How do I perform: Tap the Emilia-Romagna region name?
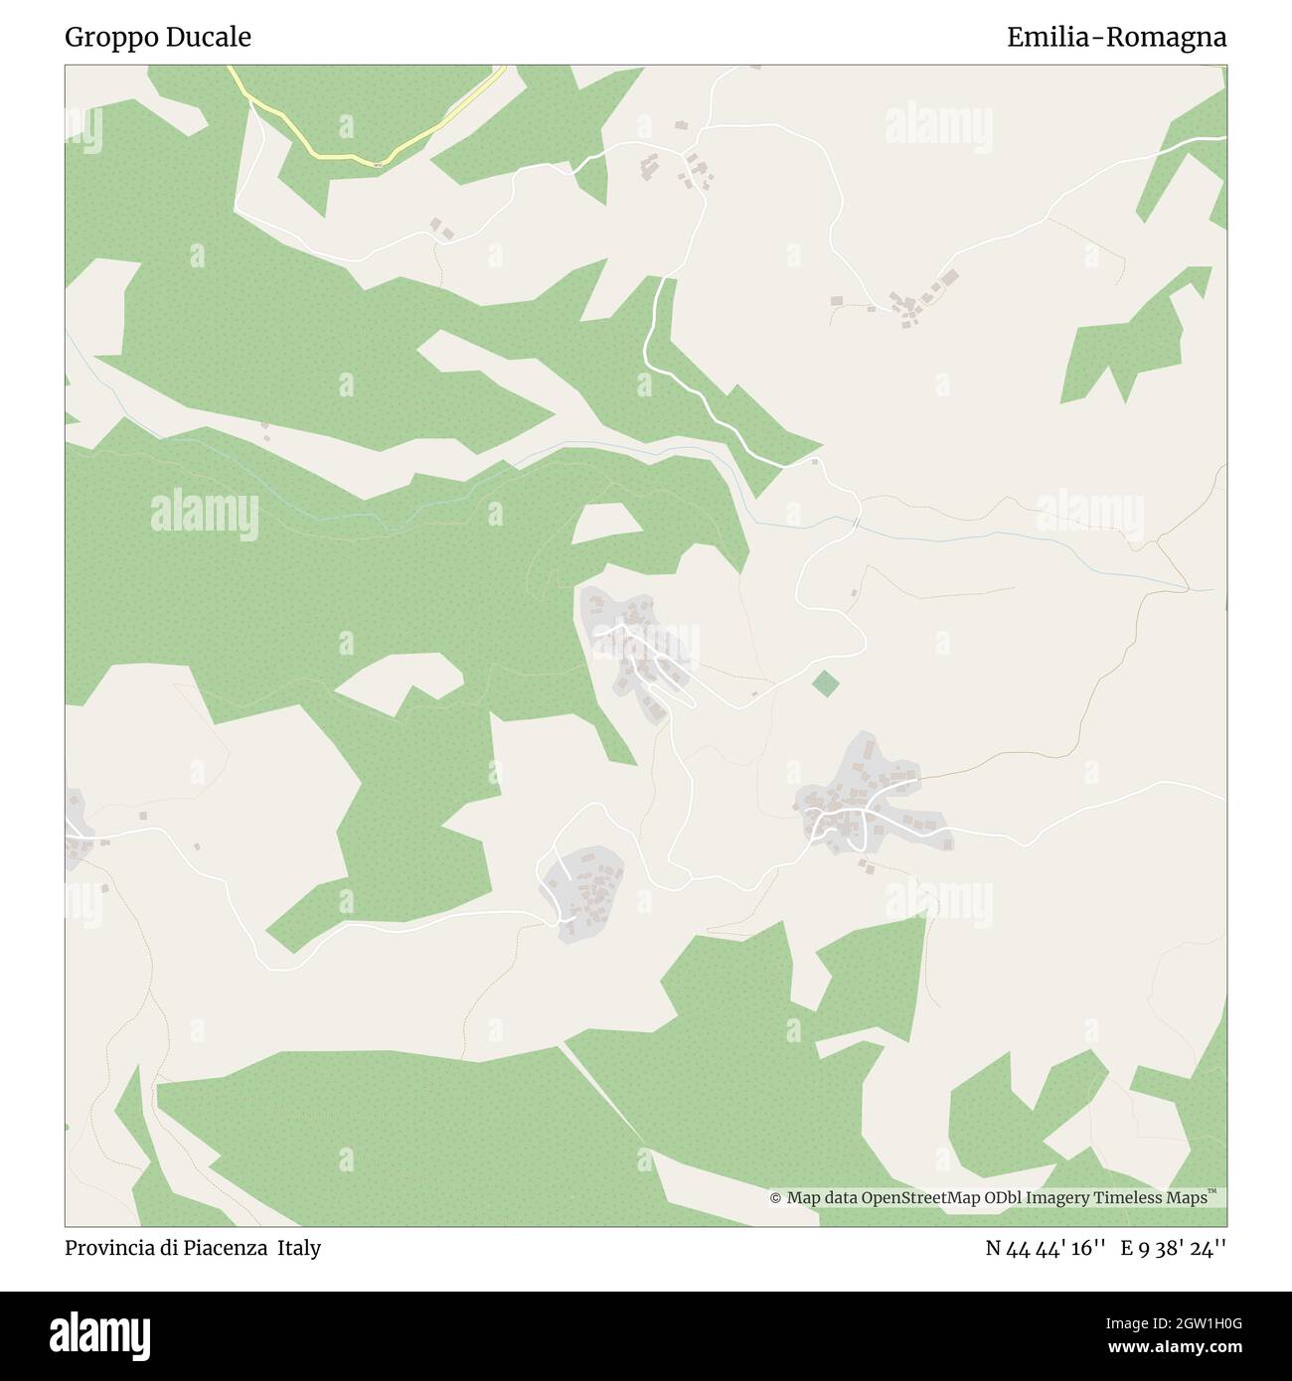click(1116, 38)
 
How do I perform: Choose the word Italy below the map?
click(299, 1248)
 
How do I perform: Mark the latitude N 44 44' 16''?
click(1046, 1248)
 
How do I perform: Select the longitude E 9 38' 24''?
click(1174, 1248)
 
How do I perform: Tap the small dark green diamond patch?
click(824, 684)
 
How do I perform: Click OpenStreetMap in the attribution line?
click(908, 1198)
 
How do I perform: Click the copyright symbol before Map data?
click(775, 1198)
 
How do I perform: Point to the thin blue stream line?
click(994, 537)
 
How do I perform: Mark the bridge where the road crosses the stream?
click(856, 521)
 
